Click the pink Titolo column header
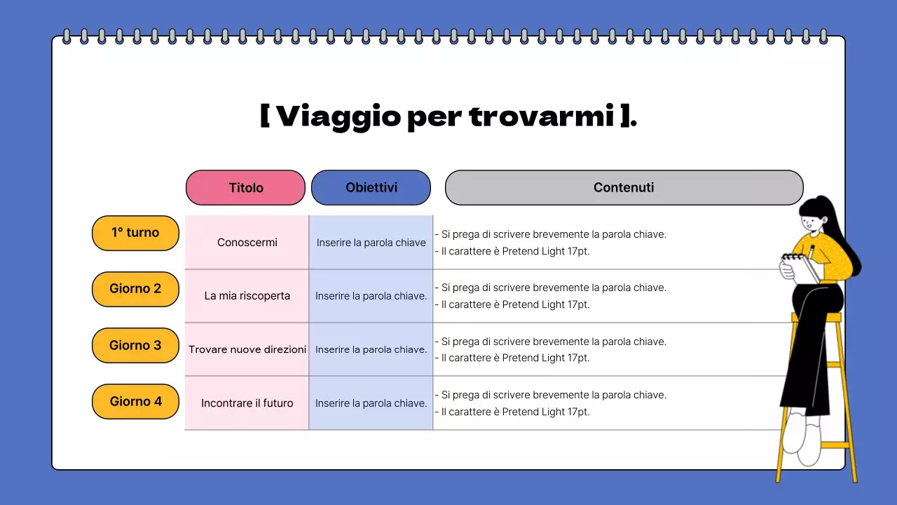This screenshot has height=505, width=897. (245, 187)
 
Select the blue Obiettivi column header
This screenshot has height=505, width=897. (371, 187)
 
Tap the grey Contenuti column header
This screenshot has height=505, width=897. (624, 187)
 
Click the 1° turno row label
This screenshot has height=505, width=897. (135, 233)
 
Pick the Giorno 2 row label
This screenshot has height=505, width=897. (135, 289)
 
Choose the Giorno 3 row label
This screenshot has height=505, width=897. (135, 345)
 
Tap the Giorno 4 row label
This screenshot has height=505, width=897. (135, 401)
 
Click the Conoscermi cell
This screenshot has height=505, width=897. (247, 243)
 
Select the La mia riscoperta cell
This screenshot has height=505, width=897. (247, 296)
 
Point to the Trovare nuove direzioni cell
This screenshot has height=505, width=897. (247, 349)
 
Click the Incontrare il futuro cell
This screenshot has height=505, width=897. (247, 403)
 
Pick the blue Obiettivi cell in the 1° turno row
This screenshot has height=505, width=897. (371, 243)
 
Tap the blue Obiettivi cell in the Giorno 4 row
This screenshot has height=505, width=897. (371, 403)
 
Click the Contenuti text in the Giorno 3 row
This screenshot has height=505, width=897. (550, 349)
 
